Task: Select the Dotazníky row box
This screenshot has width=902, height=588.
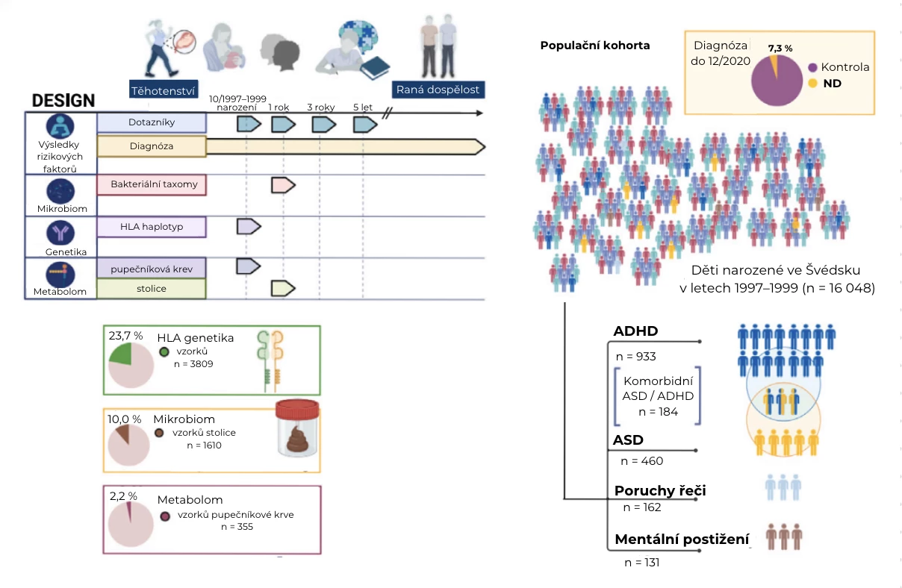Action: click(x=152, y=122)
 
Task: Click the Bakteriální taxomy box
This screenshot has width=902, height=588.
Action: click(x=152, y=184)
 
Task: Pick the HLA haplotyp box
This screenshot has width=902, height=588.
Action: click(x=152, y=227)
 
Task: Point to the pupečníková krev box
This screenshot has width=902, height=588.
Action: click(x=152, y=266)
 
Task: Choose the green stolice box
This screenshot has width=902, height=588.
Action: click(x=152, y=288)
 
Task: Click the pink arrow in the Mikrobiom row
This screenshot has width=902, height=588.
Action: click(x=283, y=184)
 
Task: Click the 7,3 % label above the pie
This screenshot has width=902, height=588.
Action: click(x=780, y=48)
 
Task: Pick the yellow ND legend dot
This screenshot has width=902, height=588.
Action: click(x=812, y=84)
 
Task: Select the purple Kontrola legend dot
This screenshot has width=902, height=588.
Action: click(x=812, y=67)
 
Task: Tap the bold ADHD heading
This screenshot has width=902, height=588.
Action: click(x=635, y=331)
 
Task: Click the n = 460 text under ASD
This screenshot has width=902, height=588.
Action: click(x=642, y=461)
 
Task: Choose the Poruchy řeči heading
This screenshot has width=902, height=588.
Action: click(x=660, y=491)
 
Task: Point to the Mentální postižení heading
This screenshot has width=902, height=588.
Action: click(x=681, y=539)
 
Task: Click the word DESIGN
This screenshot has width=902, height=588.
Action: click(x=63, y=101)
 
